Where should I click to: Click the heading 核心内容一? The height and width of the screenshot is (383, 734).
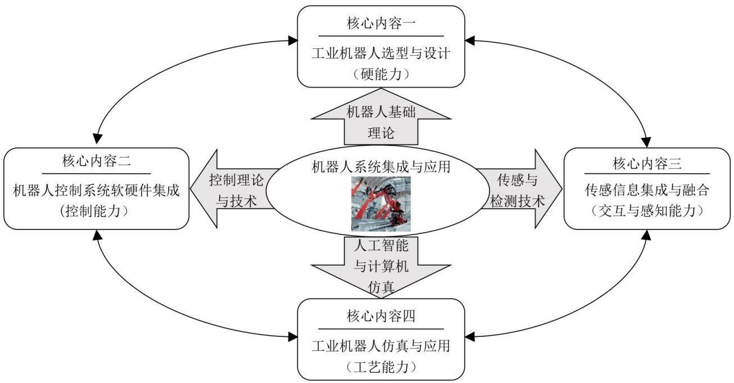[x=380, y=23]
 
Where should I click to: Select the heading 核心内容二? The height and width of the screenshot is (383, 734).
[x=96, y=161]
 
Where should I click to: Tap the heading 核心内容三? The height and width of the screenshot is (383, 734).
[x=647, y=163]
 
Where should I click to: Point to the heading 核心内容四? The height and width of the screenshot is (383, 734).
[x=380, y=316]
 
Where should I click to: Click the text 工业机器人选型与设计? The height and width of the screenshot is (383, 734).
[x=380, y=53]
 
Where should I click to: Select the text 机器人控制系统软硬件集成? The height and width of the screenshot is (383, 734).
[x=96, y=190]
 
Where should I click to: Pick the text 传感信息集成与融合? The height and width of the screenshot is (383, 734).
[x=647, y=190]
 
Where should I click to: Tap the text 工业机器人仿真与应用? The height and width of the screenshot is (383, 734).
[x=380, y=346]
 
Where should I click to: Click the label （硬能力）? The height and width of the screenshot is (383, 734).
[x=380, y=74]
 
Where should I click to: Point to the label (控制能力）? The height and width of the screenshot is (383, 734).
[x=94, y=211]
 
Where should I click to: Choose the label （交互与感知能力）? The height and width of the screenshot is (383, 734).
[x=647, y=211]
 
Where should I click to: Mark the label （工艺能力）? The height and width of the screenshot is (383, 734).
[x=380, y=367]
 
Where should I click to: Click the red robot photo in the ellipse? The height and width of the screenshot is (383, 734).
[x=380, y=204]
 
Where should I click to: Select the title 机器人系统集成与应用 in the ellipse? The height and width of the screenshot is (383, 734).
[x=380, y=166]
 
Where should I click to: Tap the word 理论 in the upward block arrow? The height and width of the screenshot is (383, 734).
[x=380, y=133]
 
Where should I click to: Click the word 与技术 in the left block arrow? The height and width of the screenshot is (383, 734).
[x=236, y=201]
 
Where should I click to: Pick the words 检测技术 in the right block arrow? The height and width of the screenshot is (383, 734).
[x=517, y=201]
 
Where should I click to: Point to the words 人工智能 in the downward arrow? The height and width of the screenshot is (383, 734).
[x=380, y=245]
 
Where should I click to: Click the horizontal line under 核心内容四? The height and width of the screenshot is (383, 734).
[x=380, y=329]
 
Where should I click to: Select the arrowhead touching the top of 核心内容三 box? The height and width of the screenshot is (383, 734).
[x=646, y=142]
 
